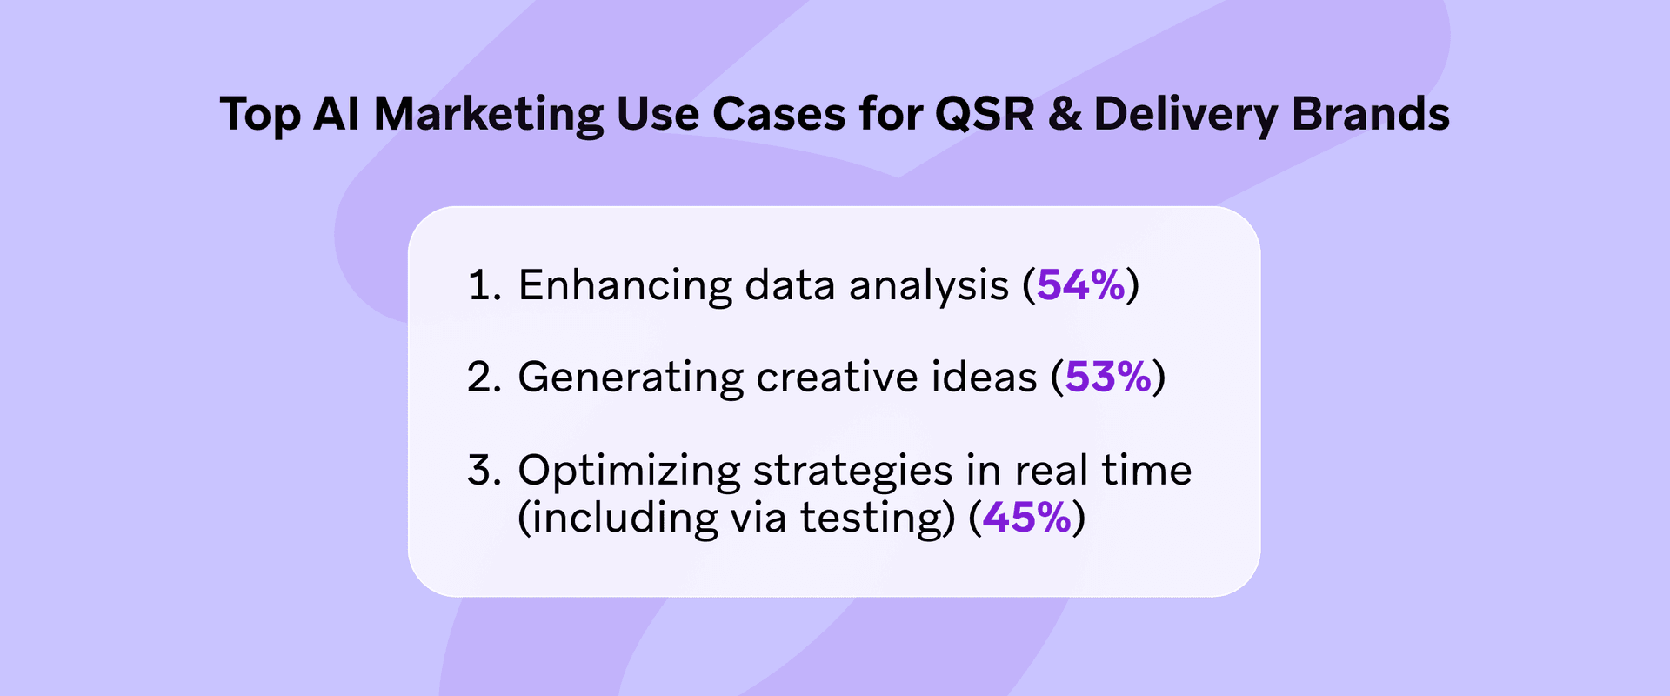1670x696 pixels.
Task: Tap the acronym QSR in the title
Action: pyautogui.click(x=985, y=114)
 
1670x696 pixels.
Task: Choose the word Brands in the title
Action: pyautogui.click(x=1371, y=114)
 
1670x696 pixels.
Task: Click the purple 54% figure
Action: pyautogui.click(x=1081, y=284)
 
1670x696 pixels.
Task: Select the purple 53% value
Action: pyautogui.click(x=1108, y=377)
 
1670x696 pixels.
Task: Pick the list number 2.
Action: pyautogui.click(x=484, y=378)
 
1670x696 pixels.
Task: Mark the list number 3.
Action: pyautogui.click(x=484, y=471)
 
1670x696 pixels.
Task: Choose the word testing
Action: pyautogui.click(x=871, y=519)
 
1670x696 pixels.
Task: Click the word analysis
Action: pyautogui.click(x=928, y=286)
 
